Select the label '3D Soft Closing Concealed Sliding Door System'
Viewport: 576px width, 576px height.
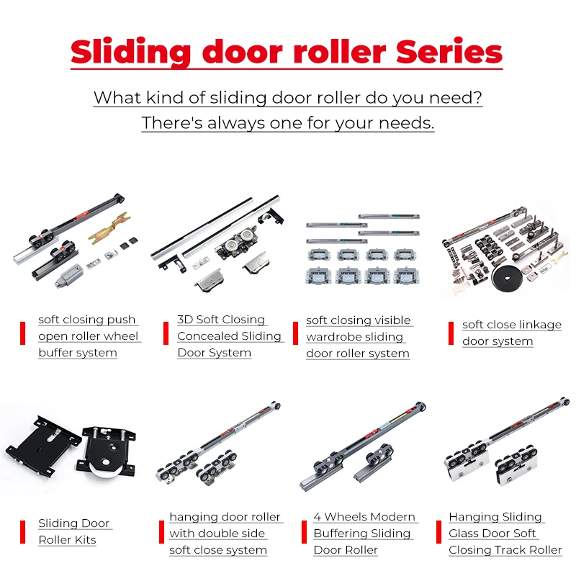pyautogui.click(x=229, y=336)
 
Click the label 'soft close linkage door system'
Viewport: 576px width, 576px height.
pyautogui.click(x=511, y=333)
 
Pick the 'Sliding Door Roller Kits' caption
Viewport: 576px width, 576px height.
pyautogui.click(x=74, y=531)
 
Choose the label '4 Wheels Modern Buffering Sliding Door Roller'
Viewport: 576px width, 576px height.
pyautogui.click(x=364, y=534)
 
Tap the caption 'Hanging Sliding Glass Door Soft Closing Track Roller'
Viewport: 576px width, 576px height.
pyautogui.click(x=505, y=534)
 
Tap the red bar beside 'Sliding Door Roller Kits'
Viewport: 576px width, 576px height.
pyautogui.click(x=22, y=531)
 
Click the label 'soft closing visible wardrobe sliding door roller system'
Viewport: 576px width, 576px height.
pyautogui.click(x=358, y=337)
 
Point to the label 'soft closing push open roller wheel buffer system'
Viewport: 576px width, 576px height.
pyautogui.click(x=88, y=336)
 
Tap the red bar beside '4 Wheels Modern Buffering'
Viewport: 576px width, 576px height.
pyautogui.click(x=305, y=534)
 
